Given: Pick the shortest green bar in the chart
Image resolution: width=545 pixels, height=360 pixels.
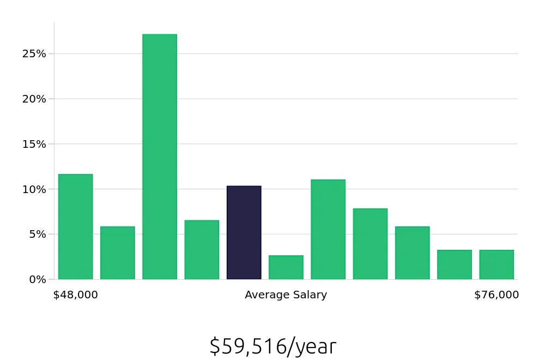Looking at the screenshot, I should pos(286,267).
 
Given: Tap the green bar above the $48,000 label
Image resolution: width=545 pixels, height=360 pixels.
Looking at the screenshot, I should pos(75,226).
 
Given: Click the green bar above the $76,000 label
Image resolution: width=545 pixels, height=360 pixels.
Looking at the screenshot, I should pos(496,265).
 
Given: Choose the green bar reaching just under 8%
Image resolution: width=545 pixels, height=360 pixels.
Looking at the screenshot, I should pos(370,244).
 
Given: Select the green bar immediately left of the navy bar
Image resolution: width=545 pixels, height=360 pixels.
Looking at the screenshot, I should pos(202,250).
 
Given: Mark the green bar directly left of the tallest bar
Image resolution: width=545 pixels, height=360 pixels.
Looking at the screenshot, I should pos(117,253).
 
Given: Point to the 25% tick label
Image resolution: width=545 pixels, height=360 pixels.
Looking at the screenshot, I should pos(34,54).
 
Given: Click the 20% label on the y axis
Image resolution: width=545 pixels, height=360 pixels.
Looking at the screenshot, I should pos(34,99).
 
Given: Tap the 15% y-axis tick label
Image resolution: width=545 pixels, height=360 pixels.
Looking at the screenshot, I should pos(34,145).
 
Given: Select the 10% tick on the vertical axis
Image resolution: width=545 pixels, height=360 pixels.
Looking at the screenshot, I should pos(34,189).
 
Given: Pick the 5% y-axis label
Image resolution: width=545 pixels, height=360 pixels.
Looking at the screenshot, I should pos(37,235).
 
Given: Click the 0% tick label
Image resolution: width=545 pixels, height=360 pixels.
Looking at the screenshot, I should pos(37,279).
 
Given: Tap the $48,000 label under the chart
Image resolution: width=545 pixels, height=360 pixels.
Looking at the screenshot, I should pos(75,295).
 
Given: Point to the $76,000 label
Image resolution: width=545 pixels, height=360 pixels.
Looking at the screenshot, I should pos(496,295).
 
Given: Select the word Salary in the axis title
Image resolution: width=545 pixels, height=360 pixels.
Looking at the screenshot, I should pos(309,295).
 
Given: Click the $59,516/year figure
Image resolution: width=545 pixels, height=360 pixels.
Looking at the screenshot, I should pos(272,346).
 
